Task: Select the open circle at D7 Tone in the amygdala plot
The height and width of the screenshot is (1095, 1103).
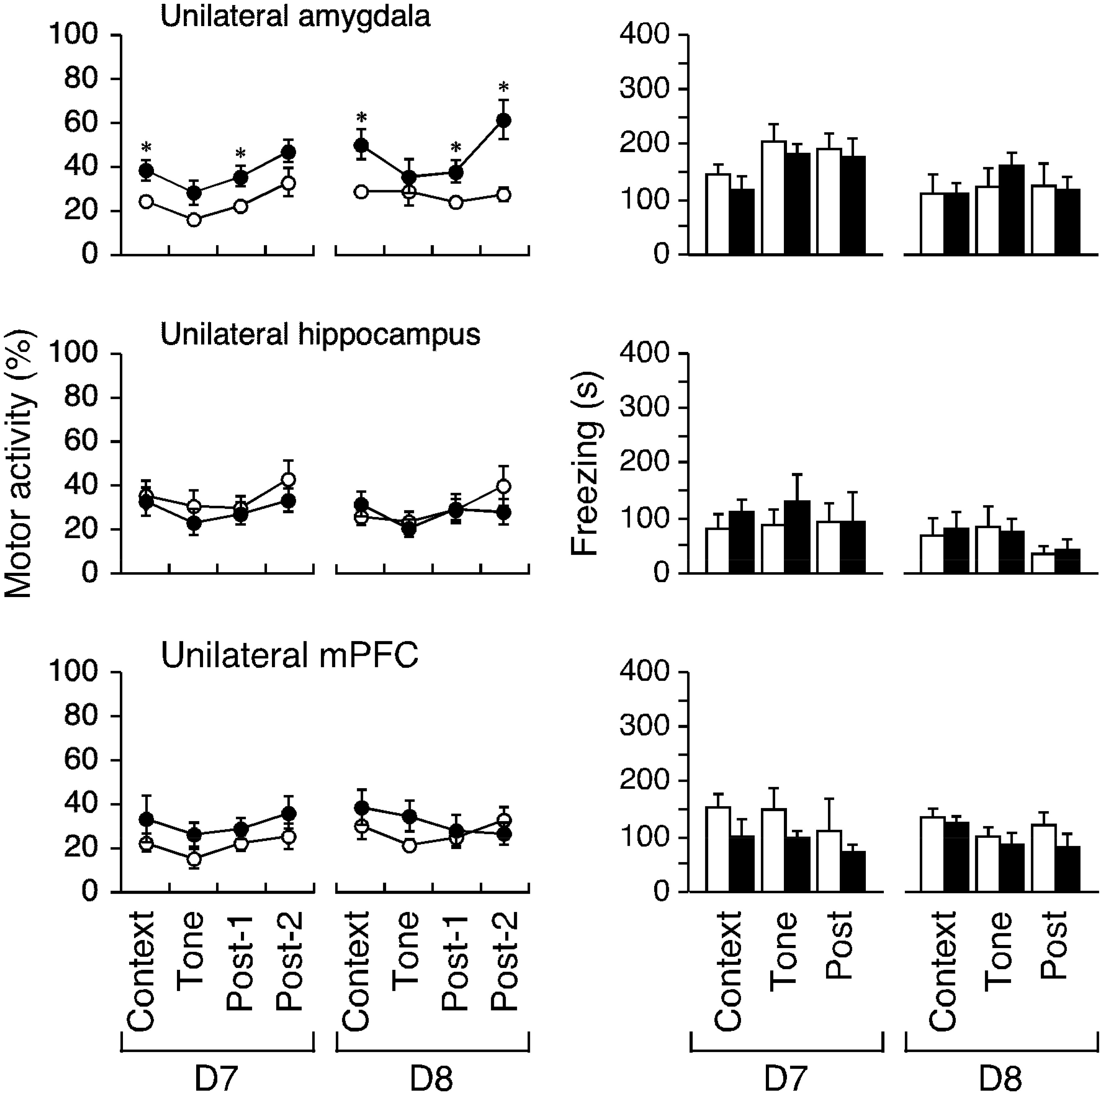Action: pos(194,220)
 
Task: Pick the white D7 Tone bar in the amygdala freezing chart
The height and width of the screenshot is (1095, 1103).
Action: pos(774,198)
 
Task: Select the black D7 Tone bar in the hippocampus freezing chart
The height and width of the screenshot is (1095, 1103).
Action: pos(798,537)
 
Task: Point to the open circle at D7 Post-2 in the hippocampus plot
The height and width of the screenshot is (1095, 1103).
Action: pos(289,479)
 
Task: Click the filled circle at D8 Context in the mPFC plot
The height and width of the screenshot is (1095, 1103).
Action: pos(361,808)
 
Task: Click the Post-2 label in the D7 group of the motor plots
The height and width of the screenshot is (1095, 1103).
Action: pos(289,961)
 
